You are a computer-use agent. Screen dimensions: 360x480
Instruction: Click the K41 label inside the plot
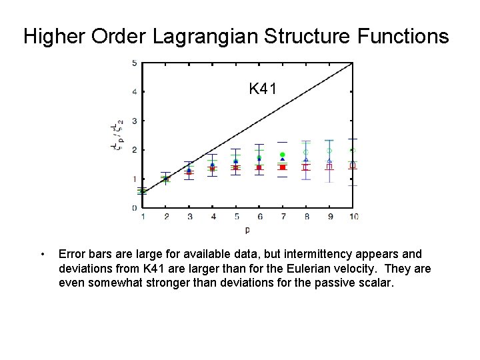coord(263,88)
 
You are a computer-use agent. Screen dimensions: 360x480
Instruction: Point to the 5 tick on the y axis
coord(135,63)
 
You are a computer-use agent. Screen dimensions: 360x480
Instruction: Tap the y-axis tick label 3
coord(135,121)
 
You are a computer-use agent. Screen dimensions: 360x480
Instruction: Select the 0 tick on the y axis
coord(135,208)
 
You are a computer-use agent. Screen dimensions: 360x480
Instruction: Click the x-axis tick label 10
coord(353,217)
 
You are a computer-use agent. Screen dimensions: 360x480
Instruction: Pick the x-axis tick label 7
coord(283,217)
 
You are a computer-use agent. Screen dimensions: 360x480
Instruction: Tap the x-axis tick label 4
coord(213,217)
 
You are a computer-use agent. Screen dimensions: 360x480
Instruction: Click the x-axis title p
coord(247,230)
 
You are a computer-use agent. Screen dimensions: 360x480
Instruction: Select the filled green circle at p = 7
coord(283,155)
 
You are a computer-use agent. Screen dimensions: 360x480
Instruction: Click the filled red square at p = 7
coord(283,167)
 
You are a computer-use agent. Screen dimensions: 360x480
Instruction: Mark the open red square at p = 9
coord(329,166)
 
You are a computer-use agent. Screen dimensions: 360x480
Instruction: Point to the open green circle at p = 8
coord(306,152)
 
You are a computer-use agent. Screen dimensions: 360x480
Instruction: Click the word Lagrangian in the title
coord(203,36)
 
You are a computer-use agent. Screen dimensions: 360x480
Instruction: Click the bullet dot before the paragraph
coord(42,254)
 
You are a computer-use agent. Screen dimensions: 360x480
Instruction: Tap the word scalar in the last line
coord(379,283)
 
